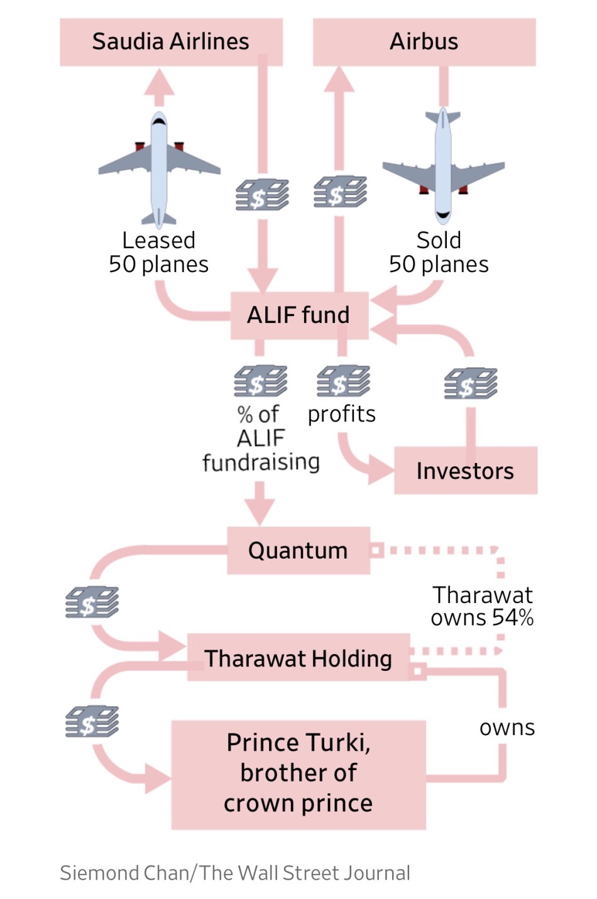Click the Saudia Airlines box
tap(171, 41)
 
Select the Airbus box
tap(424, 41)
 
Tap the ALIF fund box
tap(298, 315)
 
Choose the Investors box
tap(465, 471)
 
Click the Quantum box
tap(298, 550)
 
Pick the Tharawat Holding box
tap(298, 658)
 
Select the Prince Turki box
tap(298, 773)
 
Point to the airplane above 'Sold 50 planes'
tap(443, 165)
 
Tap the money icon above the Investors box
tap(471, 383)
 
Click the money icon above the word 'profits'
tap(343, 381)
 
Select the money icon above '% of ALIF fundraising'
tap(260, 381)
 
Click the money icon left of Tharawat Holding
tap(92, 602)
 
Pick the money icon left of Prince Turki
tap(92, 721)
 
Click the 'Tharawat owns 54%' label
tap(482, 606)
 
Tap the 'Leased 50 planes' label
tap(158, 252)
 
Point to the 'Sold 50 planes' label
tap(439, 252)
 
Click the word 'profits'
tap(341, 414)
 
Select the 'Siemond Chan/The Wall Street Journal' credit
tap(235, 873)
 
